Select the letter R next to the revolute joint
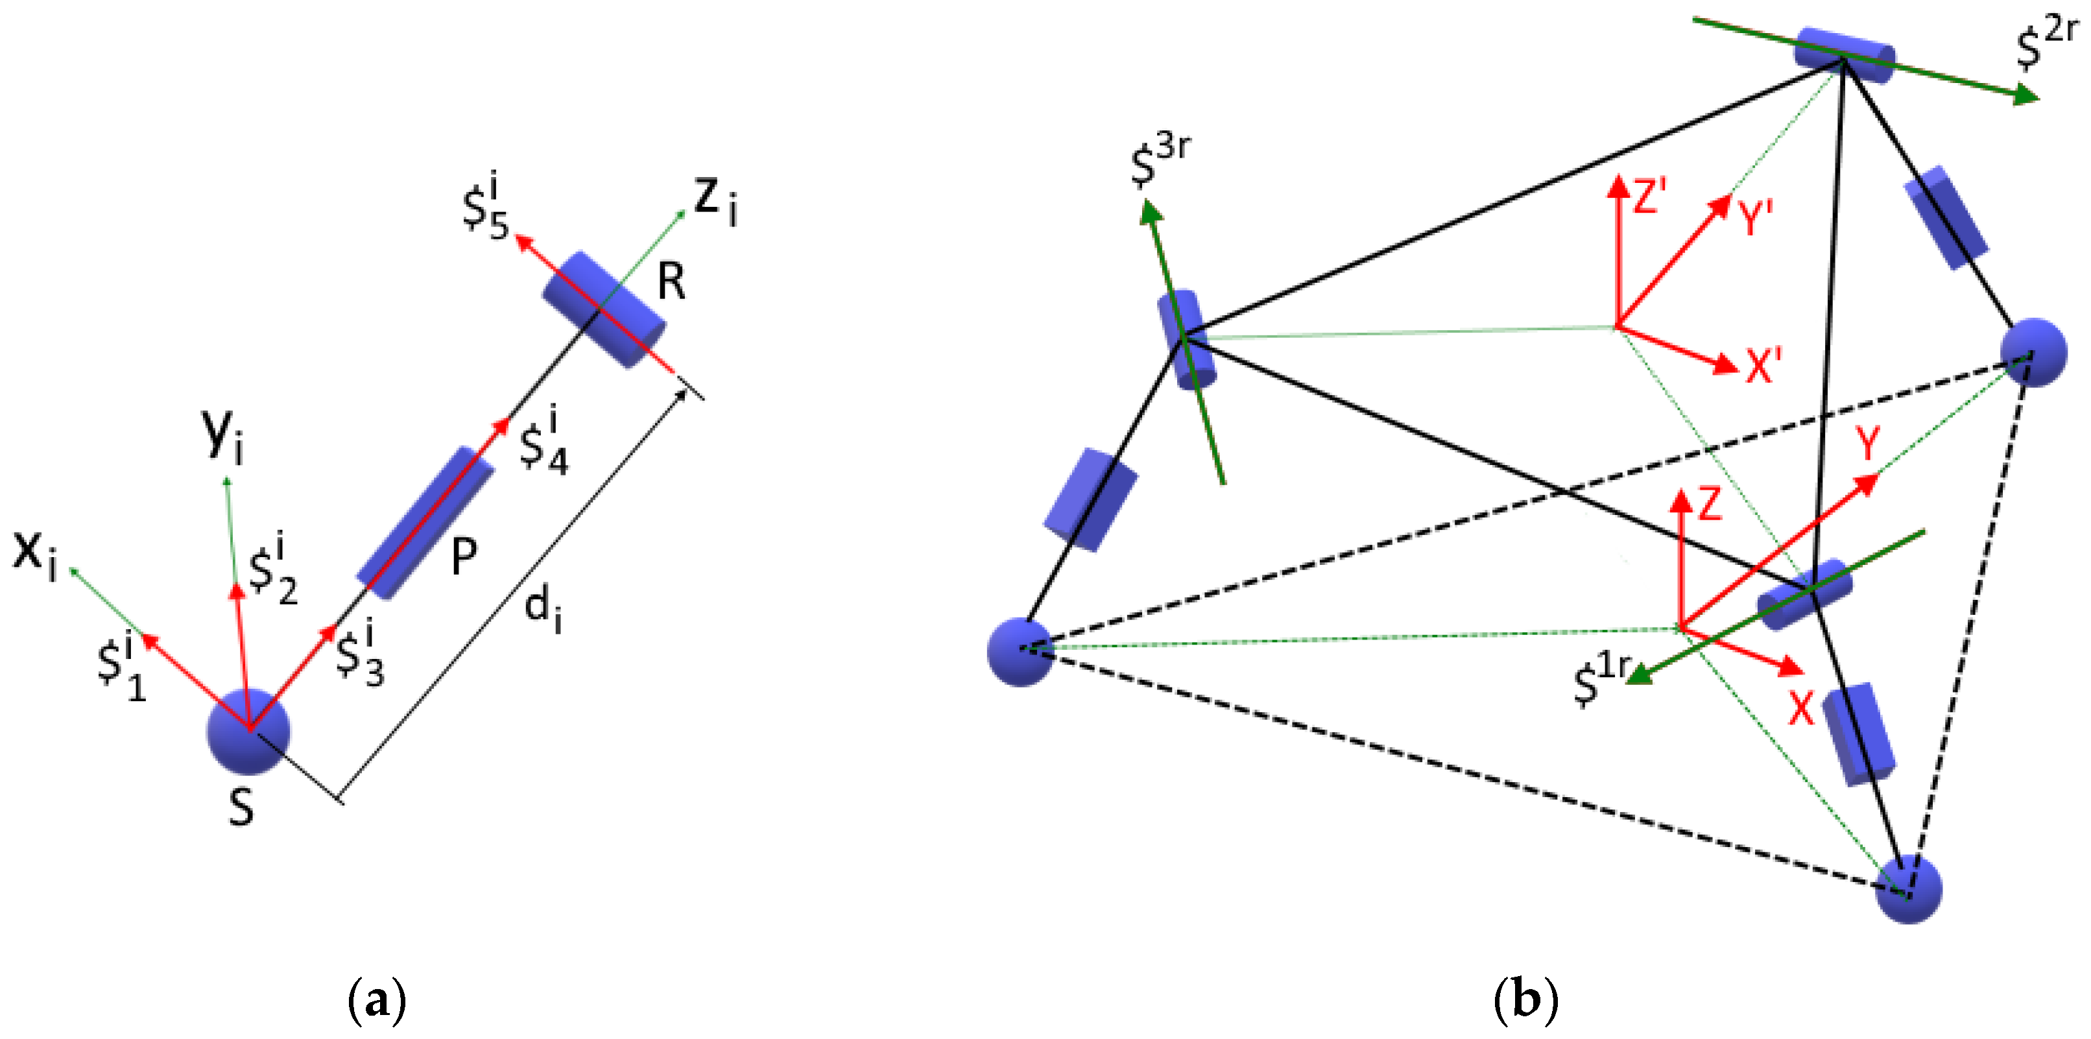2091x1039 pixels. pos(671,283)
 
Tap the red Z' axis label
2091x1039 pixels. pos(1649,197)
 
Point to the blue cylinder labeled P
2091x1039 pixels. pos(425,523)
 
